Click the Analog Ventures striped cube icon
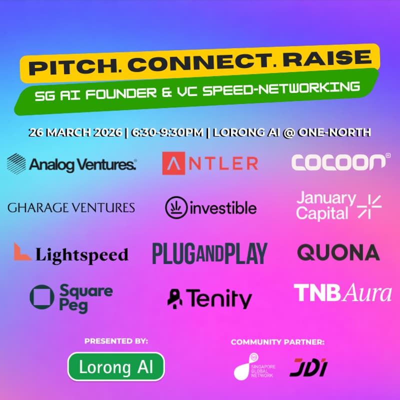pyautogui.click(x=16, y=163)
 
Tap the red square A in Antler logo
pyautogui.click(x=172, y=163)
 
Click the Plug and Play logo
pyautogui.click(x=209, y=253)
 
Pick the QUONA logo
pyautogui.click(x=338, y=252)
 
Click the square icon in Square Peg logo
pyautogui.click(x=41, y=297)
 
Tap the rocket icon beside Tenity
pyautogui.click(x=175, y=298)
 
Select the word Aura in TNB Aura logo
pyautogui.click(x=367, y=293)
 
